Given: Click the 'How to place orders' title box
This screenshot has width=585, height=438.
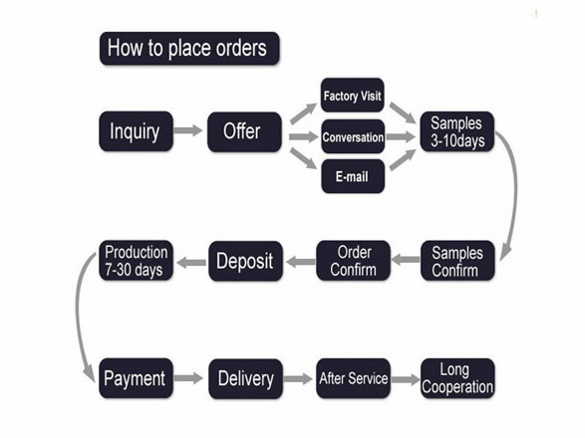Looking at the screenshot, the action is coord(189,49).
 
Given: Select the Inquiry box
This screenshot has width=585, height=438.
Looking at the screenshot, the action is coord(136,131).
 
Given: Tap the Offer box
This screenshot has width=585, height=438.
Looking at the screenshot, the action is coord(244,131).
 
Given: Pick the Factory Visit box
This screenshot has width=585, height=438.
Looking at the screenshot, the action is coord(352,95).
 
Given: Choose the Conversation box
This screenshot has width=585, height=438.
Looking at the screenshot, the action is coord(353,136).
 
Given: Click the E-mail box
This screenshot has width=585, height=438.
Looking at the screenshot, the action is coord(353,176).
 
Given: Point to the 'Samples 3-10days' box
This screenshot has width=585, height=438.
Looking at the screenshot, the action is coord(457,131).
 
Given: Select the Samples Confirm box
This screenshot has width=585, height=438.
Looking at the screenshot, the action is coord(457,261).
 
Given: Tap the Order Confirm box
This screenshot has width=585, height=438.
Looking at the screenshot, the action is coord(353,261).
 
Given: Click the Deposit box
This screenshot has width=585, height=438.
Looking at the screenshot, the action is coord(245,261).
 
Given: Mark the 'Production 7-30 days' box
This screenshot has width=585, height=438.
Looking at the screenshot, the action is coord(136,260).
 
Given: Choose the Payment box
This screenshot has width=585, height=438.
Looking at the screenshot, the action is coord(136,378).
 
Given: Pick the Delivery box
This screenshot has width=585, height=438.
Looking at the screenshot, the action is coord(245,378).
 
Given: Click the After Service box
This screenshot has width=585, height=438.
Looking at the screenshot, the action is coord(353,378).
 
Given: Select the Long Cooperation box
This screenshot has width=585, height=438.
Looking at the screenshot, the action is coord(457,378).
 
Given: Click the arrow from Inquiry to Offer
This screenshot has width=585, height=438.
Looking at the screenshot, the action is coord(188,130).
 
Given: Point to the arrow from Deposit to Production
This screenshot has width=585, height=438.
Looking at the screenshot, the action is coord(191,263).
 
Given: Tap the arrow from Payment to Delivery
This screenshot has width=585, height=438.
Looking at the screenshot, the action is coord(188,378).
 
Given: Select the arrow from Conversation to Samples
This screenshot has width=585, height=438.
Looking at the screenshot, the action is coord(401,136).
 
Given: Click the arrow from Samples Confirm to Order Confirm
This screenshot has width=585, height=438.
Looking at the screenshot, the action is coord(406,260).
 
